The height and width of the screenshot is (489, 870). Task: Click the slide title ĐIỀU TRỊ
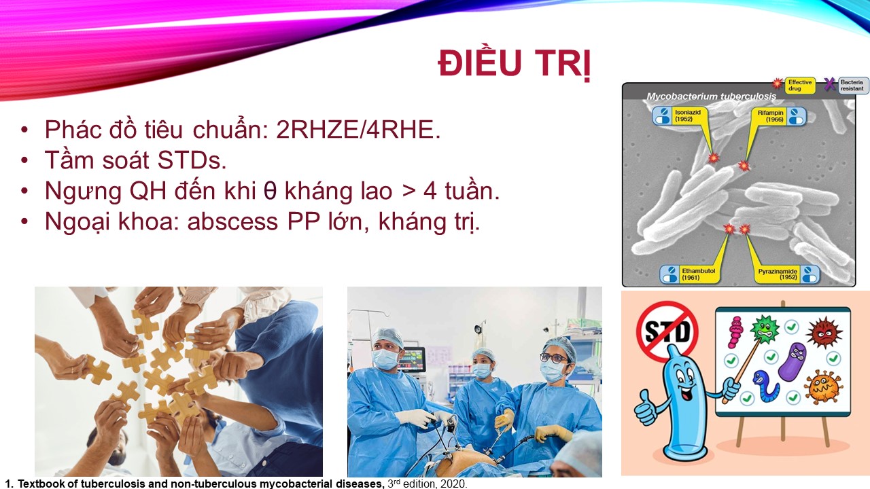pos(515,65)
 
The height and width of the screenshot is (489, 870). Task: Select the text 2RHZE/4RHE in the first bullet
pos(358,129)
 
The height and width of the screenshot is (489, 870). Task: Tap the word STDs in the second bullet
pos(192,160)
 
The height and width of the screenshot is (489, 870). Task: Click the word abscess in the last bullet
pos(232,221)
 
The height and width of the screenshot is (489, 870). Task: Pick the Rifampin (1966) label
pos(780,115)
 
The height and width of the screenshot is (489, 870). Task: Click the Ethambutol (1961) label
pos(689,274)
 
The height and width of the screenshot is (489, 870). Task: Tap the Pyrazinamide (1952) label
pos(787,274)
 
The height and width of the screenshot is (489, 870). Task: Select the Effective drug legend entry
pos(794,85)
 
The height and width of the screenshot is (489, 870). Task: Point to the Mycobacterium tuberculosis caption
pos(711,96)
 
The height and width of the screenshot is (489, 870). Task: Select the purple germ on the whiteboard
pos(793,362)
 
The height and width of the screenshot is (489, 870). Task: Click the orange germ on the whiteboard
pos(823,387)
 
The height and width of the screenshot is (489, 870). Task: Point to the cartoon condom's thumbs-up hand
pos(646,408)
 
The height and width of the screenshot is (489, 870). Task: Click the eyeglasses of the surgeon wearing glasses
pos(553,357)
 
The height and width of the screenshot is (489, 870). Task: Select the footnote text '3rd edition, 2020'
pos(428,484)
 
